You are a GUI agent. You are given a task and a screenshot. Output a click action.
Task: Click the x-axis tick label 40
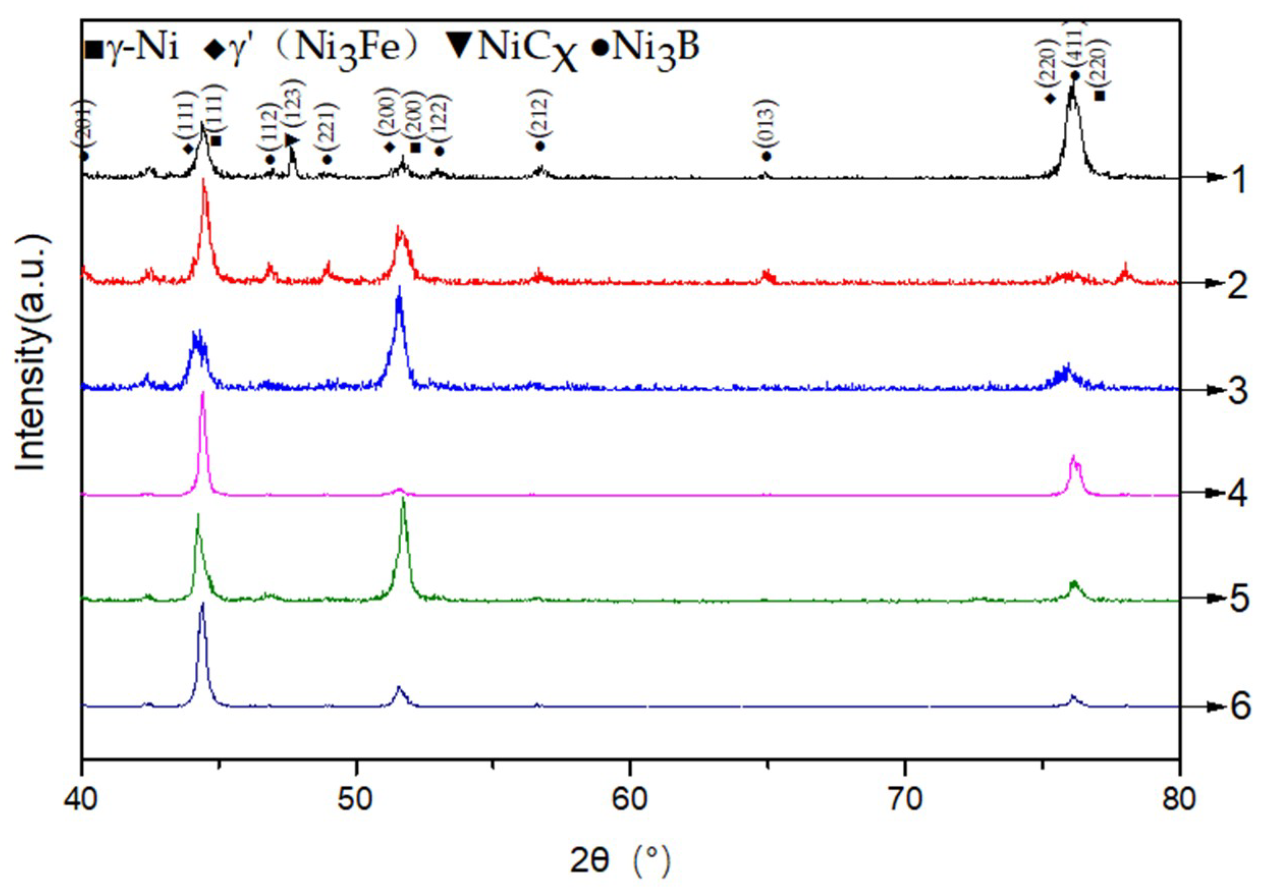[81, 799]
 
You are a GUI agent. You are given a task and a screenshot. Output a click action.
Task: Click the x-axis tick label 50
[356, 799]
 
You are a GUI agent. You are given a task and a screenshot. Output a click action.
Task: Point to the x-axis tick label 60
[630, 799]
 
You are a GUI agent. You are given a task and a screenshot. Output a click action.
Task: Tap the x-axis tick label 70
[905, 799]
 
